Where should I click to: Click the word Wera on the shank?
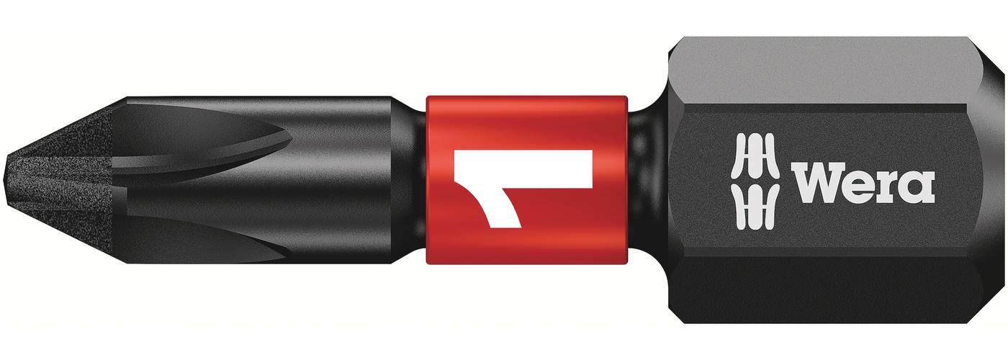pos(864,181)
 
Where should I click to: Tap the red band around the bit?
pos(527,180)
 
